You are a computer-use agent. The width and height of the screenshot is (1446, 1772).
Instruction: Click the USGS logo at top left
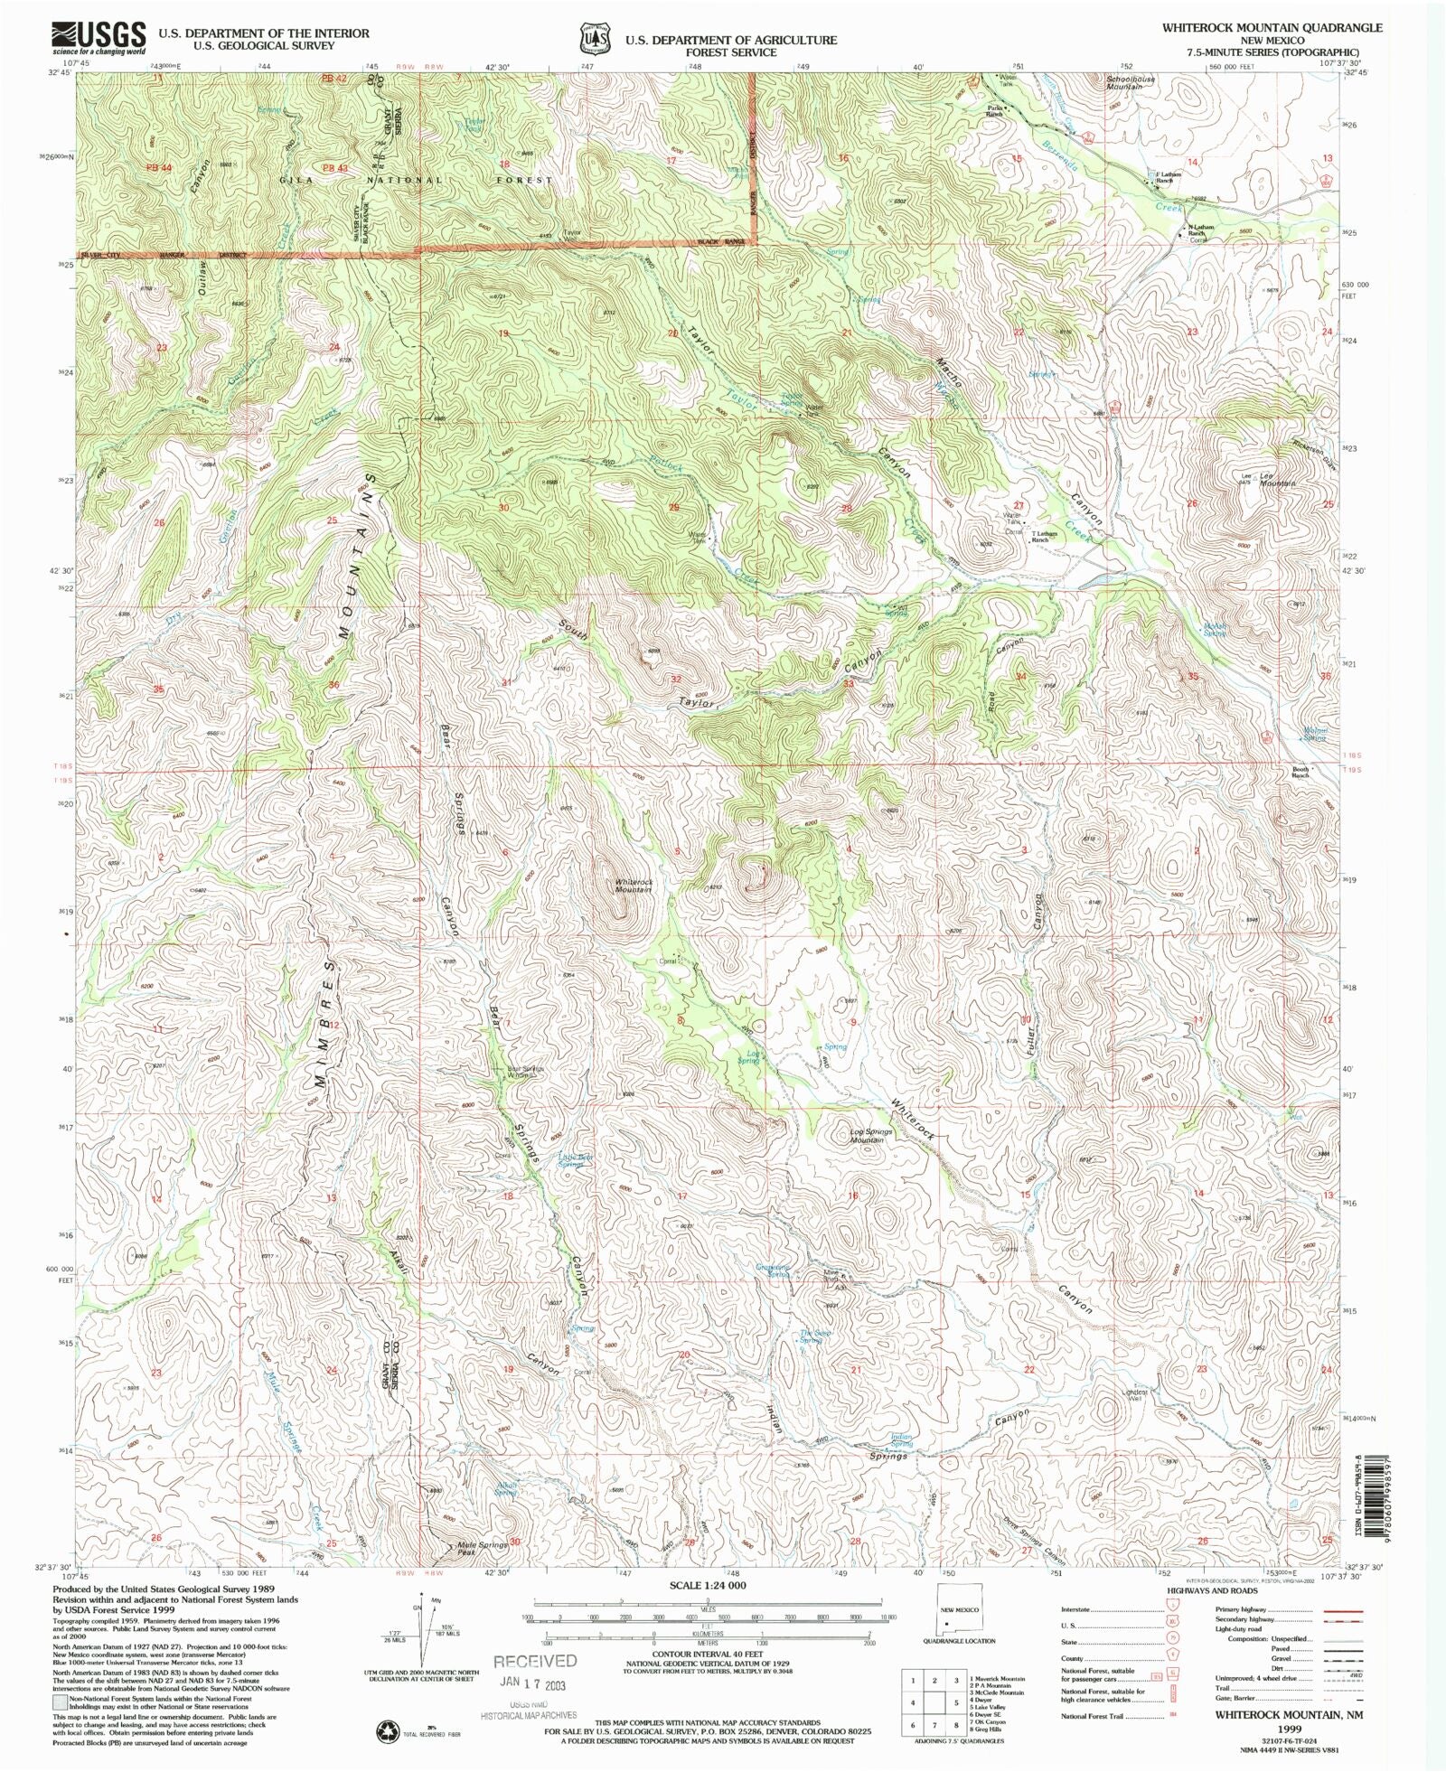point(99,37)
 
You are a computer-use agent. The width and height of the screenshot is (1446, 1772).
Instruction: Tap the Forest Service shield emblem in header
point(593,39)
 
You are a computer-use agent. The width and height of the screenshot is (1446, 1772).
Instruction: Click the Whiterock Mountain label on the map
point(634,886)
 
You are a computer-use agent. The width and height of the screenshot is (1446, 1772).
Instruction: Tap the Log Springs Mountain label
point(870,1135)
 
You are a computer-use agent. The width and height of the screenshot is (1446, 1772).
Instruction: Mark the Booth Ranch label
point(1300,772)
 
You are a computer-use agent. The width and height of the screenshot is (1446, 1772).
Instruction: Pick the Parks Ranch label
point(995,111)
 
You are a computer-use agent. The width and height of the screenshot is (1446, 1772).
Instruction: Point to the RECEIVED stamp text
point(534,1661)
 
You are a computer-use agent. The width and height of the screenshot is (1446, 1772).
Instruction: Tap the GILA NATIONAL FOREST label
point(400,180)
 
